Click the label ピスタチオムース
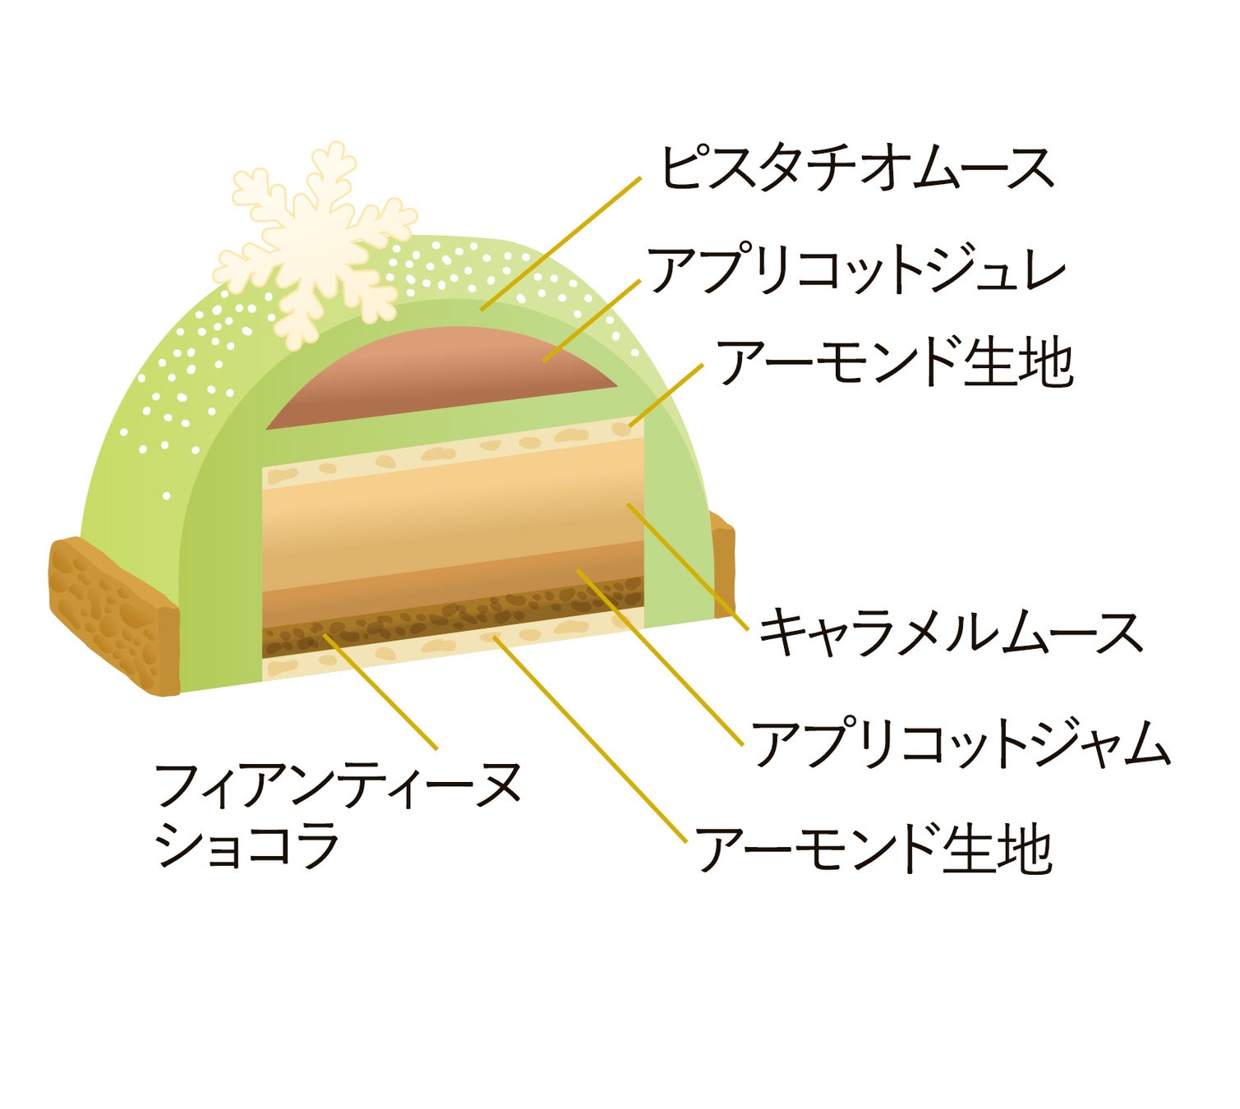tap(857, 169)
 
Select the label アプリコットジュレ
tap(857, 270)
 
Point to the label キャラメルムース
tap(950, 633)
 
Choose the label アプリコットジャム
tap(960, 743)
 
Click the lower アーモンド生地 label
tap(874, 849)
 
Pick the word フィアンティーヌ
tap(337, 785)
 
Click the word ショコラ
tap(247, 846)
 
